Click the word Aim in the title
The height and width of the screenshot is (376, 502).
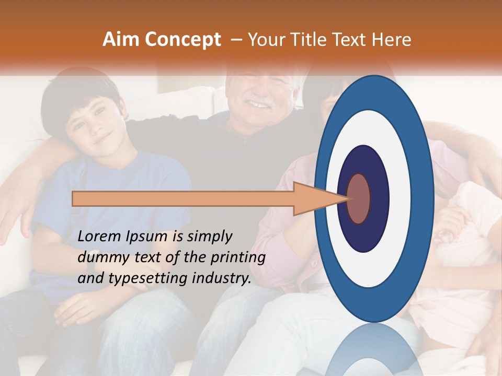120,40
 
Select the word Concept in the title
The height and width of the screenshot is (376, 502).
182,40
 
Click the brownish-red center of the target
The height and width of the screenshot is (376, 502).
359,198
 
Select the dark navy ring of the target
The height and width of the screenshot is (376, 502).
379,198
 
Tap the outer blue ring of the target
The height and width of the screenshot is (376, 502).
424,198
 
